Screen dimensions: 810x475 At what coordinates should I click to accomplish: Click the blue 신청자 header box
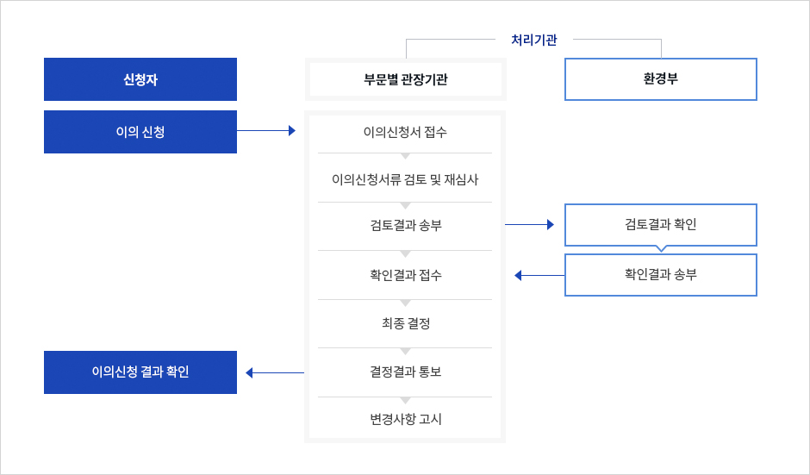click(140, 79)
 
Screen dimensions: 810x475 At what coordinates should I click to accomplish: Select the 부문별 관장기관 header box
click(406, 79)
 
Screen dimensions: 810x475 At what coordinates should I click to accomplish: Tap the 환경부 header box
click(661, 79)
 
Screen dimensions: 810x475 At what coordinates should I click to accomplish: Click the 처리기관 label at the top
click(534, 40)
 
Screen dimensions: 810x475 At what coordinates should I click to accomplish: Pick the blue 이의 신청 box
click(140, 132)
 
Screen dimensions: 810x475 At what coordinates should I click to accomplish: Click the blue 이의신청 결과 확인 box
click(140, 372)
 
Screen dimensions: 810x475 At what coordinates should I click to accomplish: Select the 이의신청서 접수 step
click(405, 132)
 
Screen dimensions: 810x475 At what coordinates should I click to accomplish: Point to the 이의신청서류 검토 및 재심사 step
click(405, 179)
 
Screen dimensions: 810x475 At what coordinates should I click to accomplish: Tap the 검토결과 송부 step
click(406, 225)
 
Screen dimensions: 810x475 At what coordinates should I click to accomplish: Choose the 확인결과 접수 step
click(406, 275)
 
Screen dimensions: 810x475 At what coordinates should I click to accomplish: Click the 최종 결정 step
click(406, 323)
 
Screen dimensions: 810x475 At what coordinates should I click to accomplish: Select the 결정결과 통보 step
click(406, 372)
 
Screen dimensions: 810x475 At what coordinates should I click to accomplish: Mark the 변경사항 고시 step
click(406, 419)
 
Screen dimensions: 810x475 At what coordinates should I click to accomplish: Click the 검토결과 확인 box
click(661, 225)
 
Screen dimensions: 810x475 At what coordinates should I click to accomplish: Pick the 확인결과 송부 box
click(661, 275)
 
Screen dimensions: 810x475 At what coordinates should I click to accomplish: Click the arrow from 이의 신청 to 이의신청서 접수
click(266, 131)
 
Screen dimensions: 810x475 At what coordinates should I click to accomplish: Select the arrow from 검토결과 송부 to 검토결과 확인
click(529, 224)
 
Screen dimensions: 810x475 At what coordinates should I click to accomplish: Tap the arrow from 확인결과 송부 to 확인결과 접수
click(539, 276)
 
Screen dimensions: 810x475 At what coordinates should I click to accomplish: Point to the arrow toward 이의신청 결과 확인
click(275, 372)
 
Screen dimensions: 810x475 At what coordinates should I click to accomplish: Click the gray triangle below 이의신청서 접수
click(406, 156)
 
